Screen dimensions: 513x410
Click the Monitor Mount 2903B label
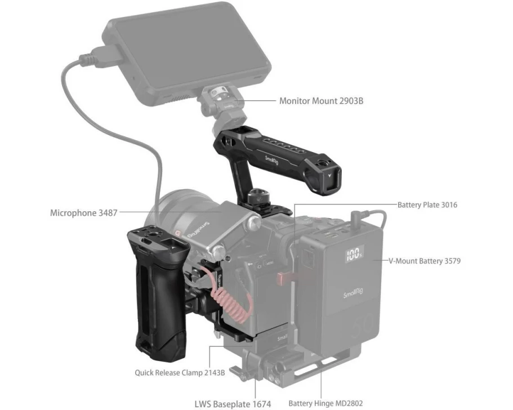point(321,100)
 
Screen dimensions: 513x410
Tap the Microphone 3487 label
point(83,213)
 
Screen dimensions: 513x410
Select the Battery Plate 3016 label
point(427,205)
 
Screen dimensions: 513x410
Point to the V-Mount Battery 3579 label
point(425,261)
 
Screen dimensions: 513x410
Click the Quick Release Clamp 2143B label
point(180,372)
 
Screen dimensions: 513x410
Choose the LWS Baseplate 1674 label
point(233,404)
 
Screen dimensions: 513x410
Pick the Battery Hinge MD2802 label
point(325,403)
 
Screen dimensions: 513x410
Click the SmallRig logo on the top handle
point(272,160)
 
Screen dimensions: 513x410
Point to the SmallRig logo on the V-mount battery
point(354,292)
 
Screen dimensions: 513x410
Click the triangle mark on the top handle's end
point(329,175)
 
